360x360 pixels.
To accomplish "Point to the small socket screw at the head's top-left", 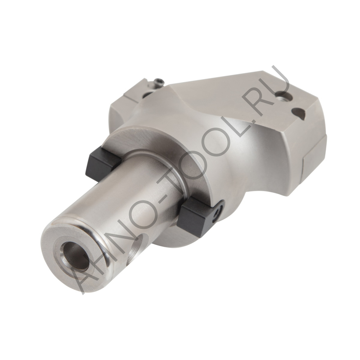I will tap(158, 83).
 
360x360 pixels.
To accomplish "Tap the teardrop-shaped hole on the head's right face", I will tap(299, 114).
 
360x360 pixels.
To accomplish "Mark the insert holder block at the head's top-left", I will tap(135, 92).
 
